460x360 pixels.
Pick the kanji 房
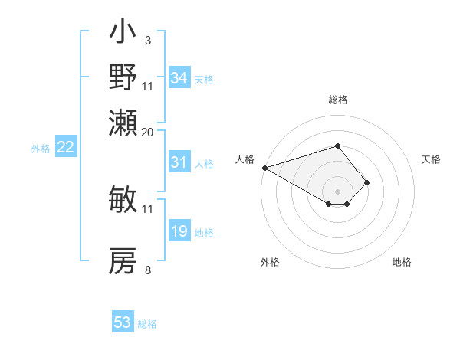click(123, 261)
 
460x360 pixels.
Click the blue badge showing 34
click(179, 78)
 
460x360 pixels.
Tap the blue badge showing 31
click(179, 162)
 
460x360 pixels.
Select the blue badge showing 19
click(179, 231)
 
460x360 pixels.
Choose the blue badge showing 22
click(65, 148)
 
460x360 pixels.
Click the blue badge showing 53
click(123, 322)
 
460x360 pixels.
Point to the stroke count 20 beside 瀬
click(147, 132)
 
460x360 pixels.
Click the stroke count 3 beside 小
click(147, 40)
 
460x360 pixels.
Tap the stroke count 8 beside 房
click(147, 270)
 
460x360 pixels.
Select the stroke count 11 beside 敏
click(147, 208)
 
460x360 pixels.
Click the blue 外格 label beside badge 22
click(41, 149)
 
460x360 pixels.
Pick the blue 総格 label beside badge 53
click(147, 324)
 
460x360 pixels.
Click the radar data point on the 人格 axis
click(264, 168)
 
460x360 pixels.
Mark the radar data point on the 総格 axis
click(337, 146)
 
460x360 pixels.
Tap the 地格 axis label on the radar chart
click(402, 262)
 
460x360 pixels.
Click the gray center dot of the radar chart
click(337, 191)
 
